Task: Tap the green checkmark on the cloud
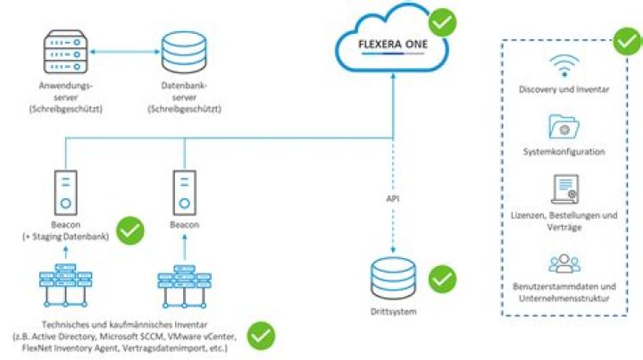(x=442, y=21)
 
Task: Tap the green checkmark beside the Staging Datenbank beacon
(x=131, y=230)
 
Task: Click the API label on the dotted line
(x=393, y=197)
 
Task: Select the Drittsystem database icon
(x=392, y=280)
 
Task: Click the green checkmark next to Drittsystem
(x=442, y=279)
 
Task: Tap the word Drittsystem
(x=392, y=312)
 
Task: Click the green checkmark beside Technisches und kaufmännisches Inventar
(x=261, y=335)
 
